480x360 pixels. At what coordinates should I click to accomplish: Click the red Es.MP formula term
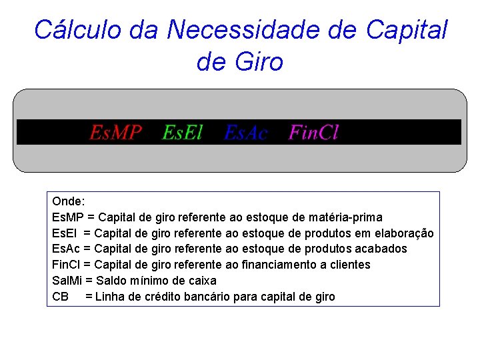(x=116, y=133)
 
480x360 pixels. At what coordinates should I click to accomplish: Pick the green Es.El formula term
(x=183, y=133)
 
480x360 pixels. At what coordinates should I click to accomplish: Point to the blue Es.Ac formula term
(x=246, y=133)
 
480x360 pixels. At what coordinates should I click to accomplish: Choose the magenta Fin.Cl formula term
(x=313, y=133)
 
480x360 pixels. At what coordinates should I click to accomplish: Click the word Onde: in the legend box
(x=68, y=201)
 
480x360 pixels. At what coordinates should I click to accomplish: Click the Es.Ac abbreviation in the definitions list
(x=66, y=249)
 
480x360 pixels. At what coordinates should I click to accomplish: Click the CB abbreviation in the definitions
(x=60, y=297)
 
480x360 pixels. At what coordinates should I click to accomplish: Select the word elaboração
(x=403, y=233)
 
